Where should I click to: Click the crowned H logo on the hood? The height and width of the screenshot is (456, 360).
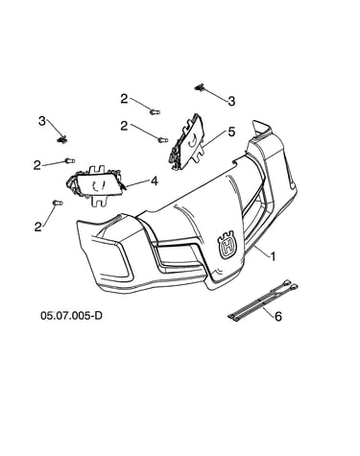pyautogui.click(x=227, y=245)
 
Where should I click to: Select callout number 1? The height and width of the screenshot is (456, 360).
pyautogui.click(x=273, y=256)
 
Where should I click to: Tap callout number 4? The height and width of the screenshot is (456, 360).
pyautogui.click(x=155, y=181)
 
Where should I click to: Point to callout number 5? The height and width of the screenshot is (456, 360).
pyautogui.click(x=231, y=132)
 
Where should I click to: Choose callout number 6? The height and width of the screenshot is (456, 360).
pyautogui.click(x=278, y=317)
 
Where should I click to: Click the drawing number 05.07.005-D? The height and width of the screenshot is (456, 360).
pyautogui.click(x=71, y=315)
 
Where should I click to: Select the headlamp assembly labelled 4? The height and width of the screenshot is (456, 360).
pyautogui.click(x=95, y=185)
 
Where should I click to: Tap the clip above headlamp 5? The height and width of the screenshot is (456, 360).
pyautogui.click(x=200, y=87)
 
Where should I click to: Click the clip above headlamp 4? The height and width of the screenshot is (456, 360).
pyautogui.click(x=62, y=139)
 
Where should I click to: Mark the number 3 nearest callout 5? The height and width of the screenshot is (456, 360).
pyautogui.click(x=231, y=101)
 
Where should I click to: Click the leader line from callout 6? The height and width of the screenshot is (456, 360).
pyautogui.click(x=269, y=311)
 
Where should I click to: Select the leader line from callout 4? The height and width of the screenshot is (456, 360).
pyautogui.click(x=137, y=183)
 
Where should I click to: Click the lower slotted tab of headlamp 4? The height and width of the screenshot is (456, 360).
pyautogui.click(x=99, y=201)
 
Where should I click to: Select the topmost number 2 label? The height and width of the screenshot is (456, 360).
pyautogui.click(x=124, y=99)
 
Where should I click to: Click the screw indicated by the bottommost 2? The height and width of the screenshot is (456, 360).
pyautogui.click(x=58, y=203)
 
